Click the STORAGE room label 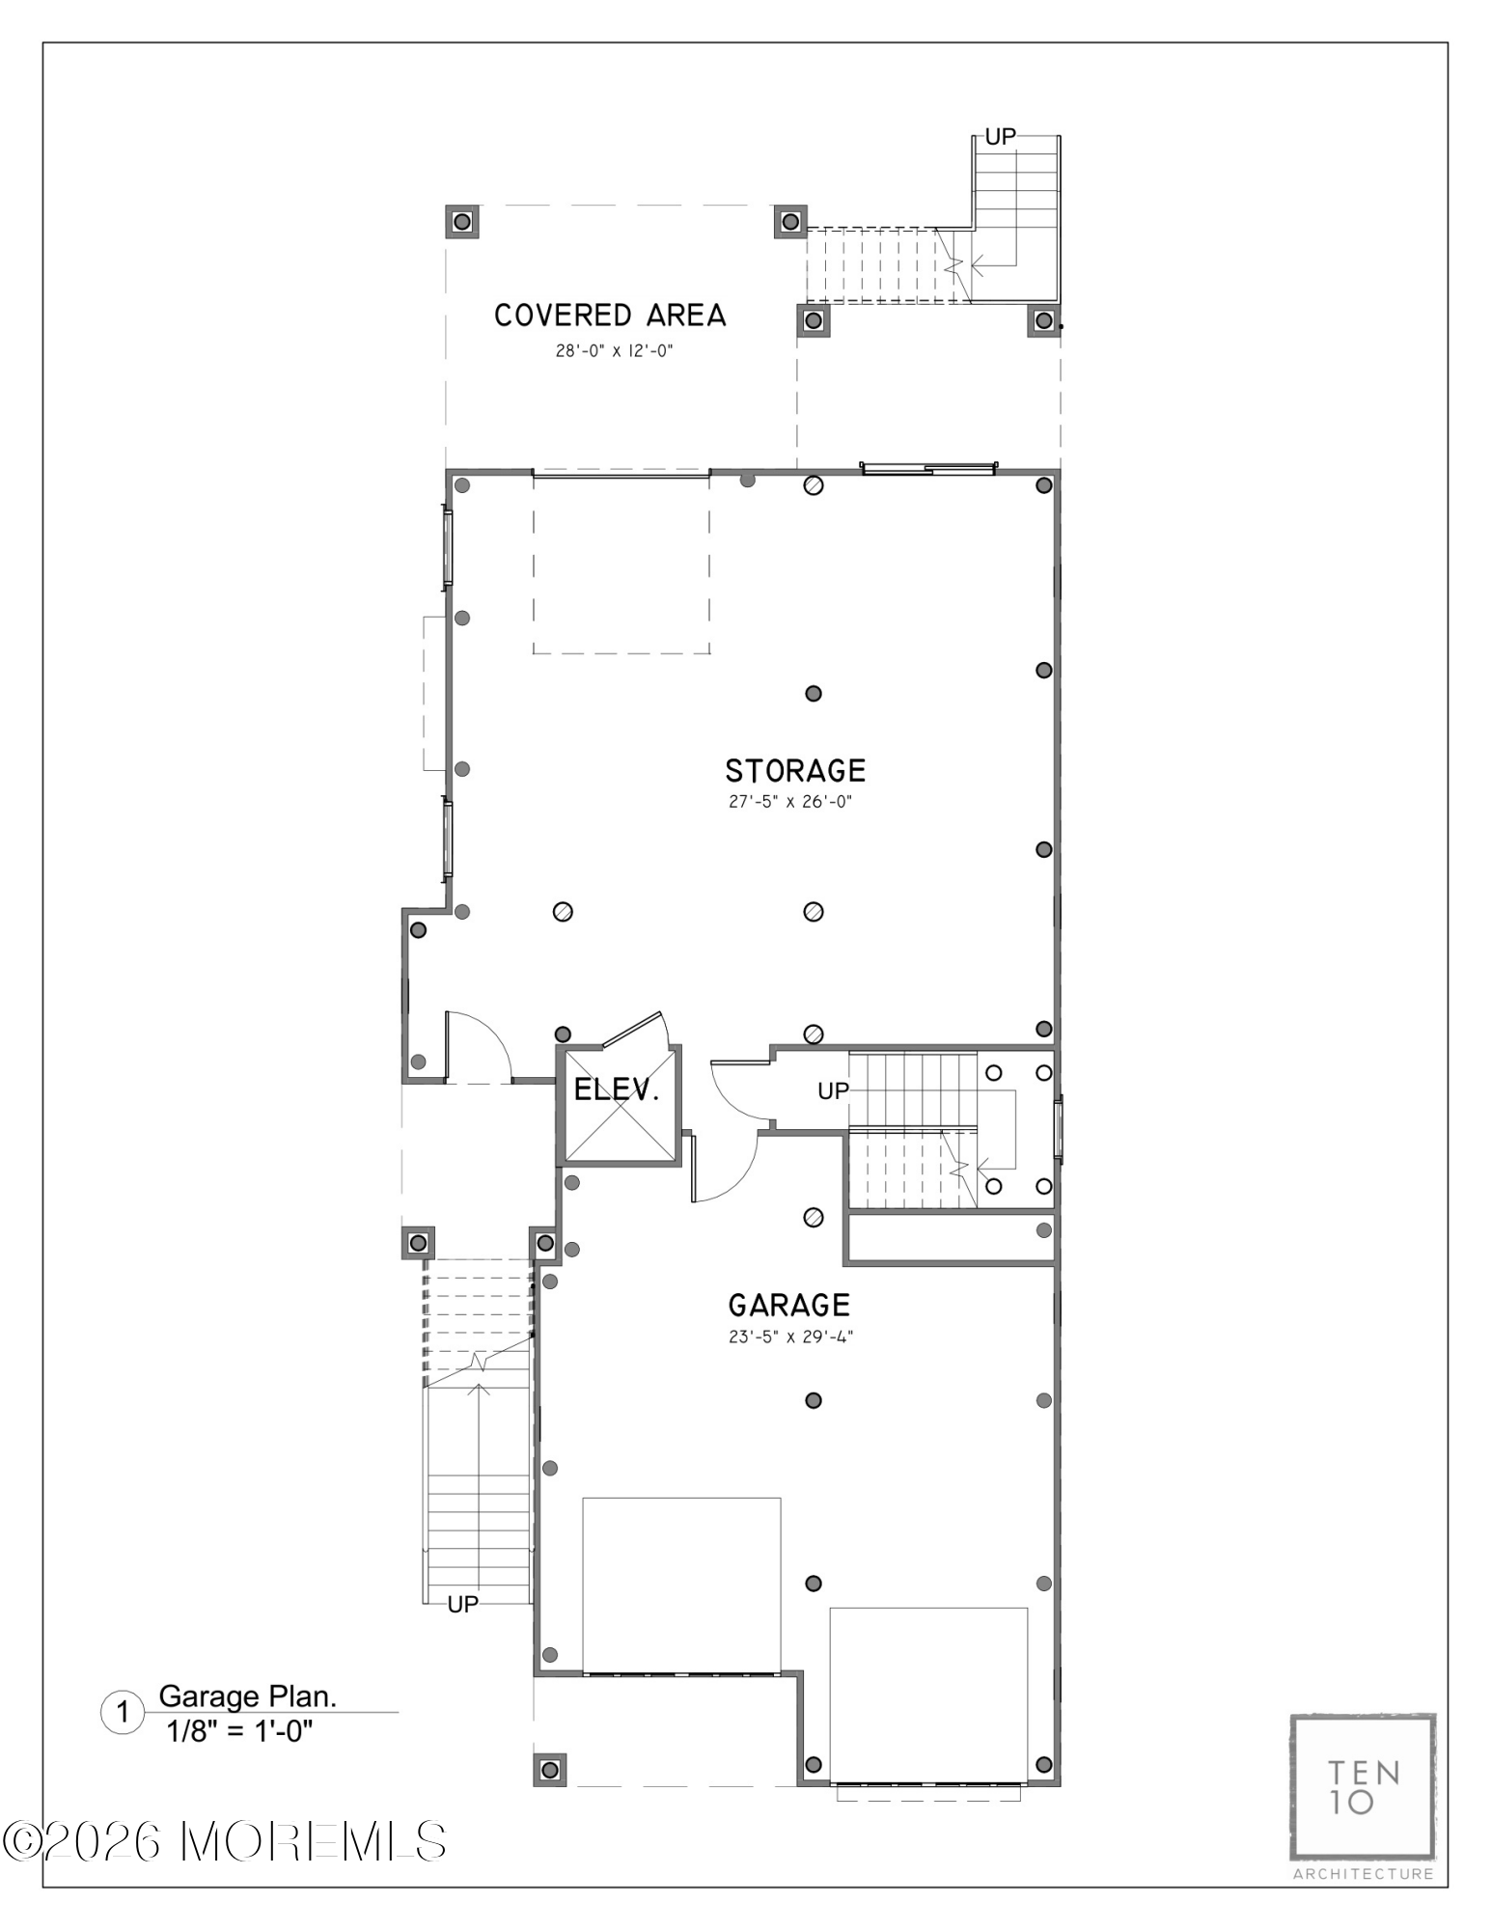click(x=795, y=771)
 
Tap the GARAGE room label click(x=789, y=1306)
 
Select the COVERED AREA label click(x=610, y=316)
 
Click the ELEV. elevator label click(x=617, y=1090)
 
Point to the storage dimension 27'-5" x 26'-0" click(x=790, y=802)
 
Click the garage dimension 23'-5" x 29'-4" click(x=791, y=1337)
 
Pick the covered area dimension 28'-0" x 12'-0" click(x=614, y=351)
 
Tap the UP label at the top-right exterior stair click(x=1001, y=137)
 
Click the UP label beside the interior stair click(x=834, y=1090)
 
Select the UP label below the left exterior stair click(x=463, y=1604)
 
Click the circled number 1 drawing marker click(x=123, y=1713)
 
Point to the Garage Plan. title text click(x=248, y=1696)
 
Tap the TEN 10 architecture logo click(x=1363, y=1787)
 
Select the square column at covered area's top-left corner click(x=462, y=222)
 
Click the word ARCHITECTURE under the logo click(x=1364, y=1874)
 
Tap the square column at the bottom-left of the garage click(x=550, y=1769)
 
